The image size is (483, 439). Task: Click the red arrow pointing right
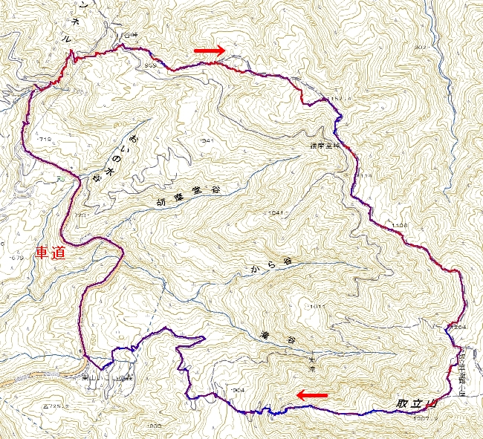coord(208,51)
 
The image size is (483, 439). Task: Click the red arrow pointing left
coord(312,395)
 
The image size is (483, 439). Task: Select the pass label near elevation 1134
coord(328,146)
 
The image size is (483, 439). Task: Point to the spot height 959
coord(152,65)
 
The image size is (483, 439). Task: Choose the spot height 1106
coord(398,224)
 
